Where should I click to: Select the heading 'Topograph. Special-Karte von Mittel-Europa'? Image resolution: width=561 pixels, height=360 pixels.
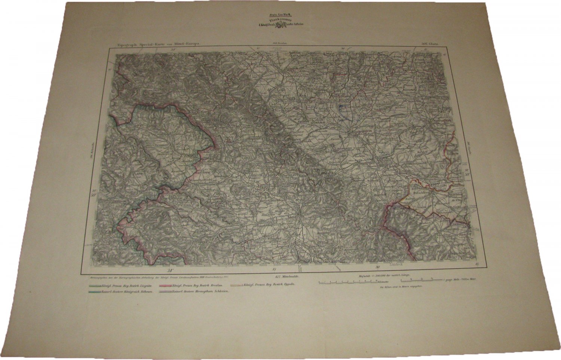154,44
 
